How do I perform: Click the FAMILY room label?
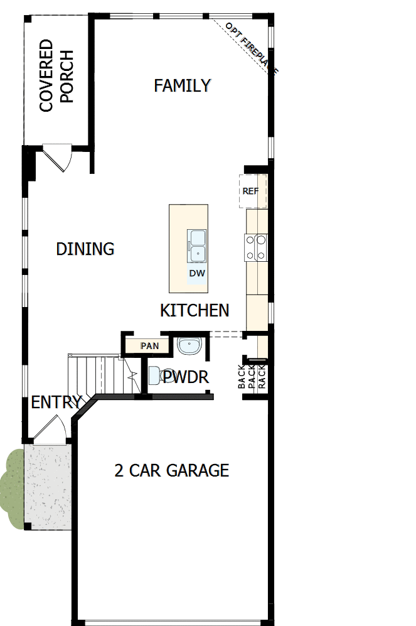pos(183,85)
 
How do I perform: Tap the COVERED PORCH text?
pos(56,76)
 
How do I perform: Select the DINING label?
pos(85,249)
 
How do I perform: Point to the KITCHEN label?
pos(195,310)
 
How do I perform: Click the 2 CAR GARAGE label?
pos(171,470)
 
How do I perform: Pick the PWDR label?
pos(186,377)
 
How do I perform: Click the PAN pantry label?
pos(149,345)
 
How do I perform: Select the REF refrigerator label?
pos(250,191)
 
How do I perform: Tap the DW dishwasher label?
pos(197,274)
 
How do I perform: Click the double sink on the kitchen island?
pos(197,246)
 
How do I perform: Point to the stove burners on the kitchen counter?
pos(257,247)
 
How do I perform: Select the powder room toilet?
pos(157,375)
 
